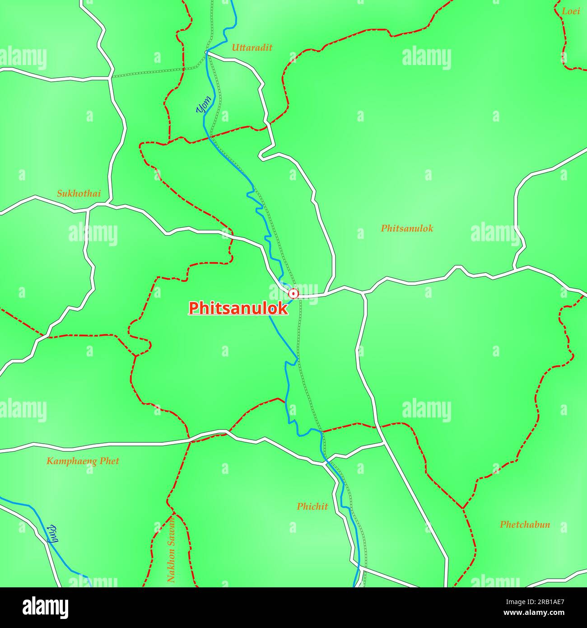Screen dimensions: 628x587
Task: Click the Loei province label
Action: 571,11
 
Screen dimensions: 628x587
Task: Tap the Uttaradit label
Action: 252,47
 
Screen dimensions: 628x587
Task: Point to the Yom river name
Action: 203,104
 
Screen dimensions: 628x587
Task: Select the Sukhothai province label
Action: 79,194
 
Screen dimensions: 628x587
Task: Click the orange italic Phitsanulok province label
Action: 407,228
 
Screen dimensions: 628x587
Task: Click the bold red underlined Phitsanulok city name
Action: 238,308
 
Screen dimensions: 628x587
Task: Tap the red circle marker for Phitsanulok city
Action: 293,294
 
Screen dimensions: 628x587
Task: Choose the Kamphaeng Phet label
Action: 83,461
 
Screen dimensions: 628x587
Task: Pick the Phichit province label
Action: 312,506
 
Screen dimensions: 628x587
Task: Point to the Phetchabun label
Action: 525,525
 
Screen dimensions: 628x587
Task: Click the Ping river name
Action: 53,534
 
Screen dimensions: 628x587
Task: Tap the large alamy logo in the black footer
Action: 45,607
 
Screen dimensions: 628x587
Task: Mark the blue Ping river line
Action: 27,505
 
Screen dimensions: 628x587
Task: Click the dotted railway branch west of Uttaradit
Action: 154,72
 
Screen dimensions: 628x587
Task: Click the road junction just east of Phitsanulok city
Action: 364,293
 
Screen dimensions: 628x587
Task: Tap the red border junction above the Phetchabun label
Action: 463,508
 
